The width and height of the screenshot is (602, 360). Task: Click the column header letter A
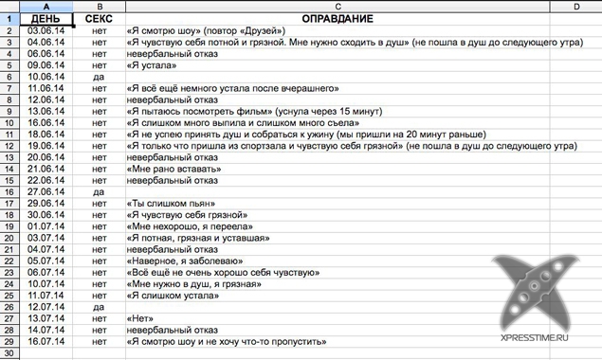coord(46,7)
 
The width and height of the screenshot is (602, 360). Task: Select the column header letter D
coord(576,7)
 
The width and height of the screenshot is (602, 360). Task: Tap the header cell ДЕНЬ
coord(46,19)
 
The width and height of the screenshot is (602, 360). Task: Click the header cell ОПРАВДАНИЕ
coord(337,19)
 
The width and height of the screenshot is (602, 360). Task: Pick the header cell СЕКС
coord(100,19)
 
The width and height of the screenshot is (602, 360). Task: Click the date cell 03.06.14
coord(46,31)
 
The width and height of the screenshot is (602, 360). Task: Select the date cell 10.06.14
coord(46,77)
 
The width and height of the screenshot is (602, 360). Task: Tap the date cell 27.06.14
coord(46,192)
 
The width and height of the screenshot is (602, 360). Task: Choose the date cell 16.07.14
coord(46,341)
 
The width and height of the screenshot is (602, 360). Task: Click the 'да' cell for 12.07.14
coord(100,307)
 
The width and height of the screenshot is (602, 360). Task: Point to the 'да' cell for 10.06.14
coord(100,77)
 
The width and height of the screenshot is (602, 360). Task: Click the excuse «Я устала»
coord(151,65)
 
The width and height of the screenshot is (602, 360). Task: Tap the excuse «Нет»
coord(138,318)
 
